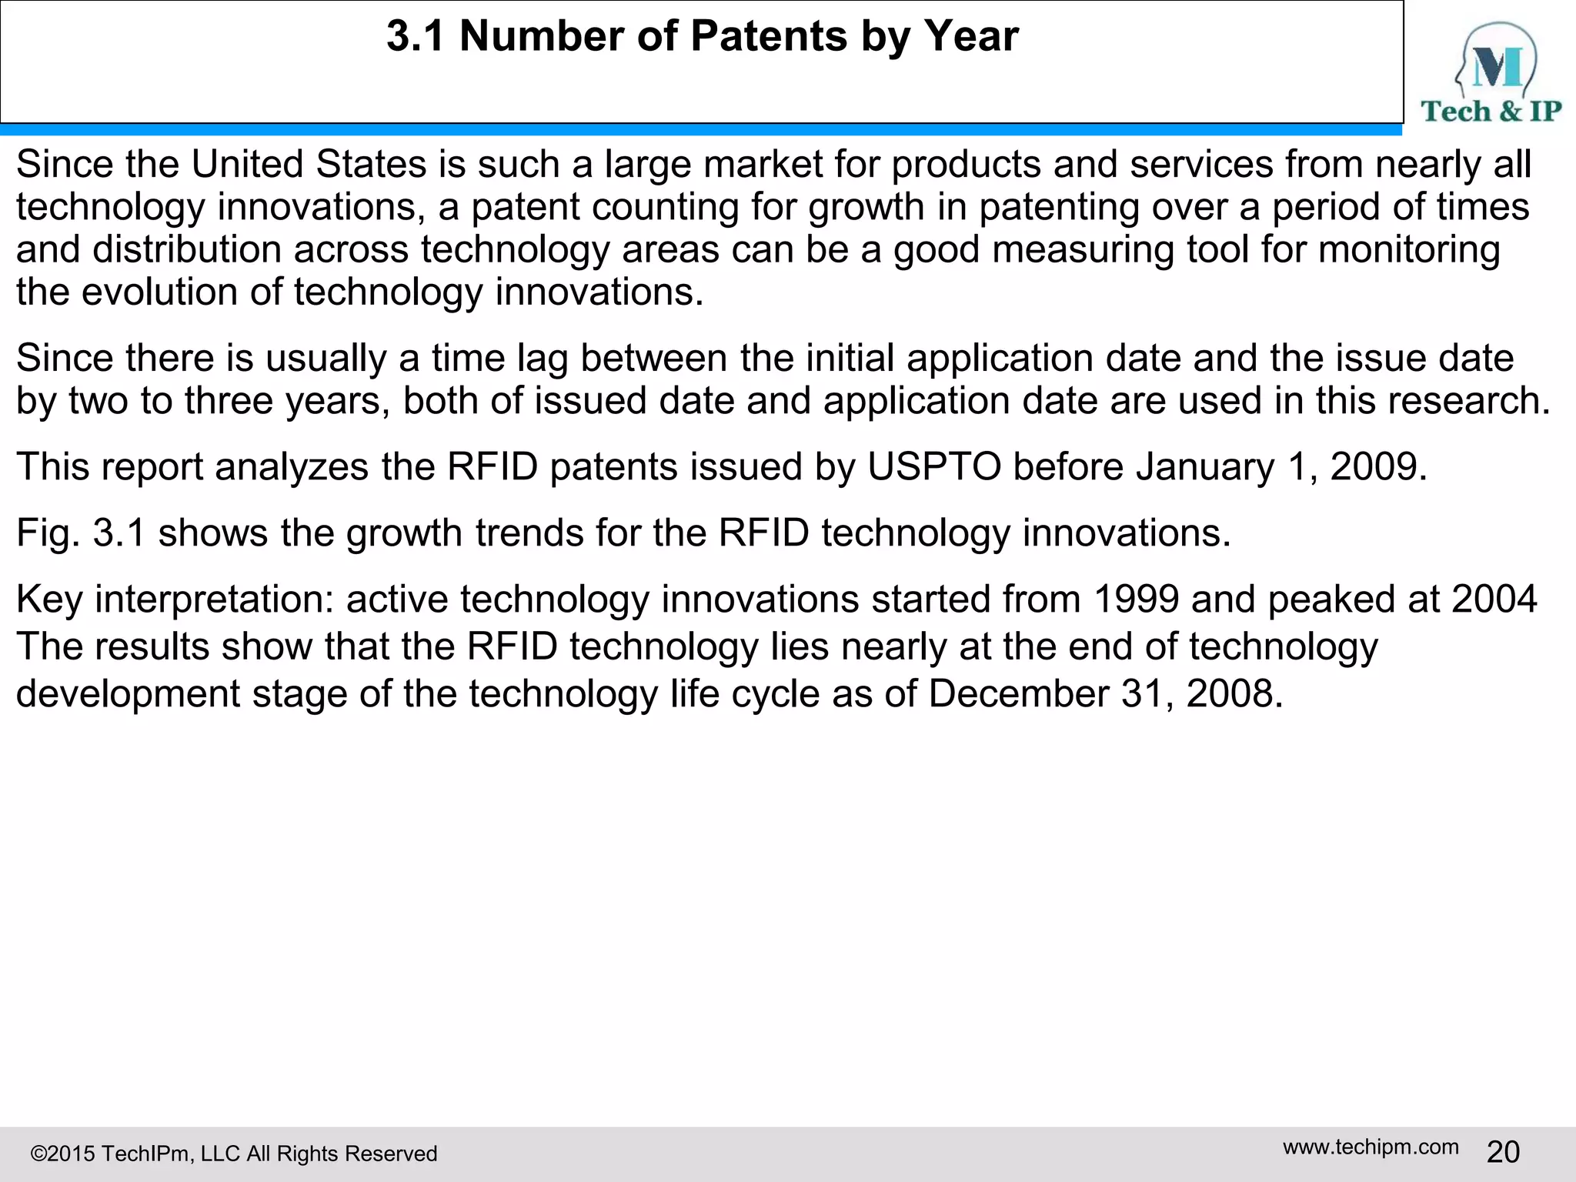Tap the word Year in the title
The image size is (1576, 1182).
pyautogui.click(x=971, y=36)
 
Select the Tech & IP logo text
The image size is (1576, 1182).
pyautogui.click(x=1491, y=112)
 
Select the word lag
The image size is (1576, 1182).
pyautogui.click(x=543, y=359)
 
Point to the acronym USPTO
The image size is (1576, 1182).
pyautogui.click(x=934, y=467)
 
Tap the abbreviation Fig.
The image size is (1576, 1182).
pyautogui.click(x=48, y=533)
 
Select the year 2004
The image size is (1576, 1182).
pyautogui.click(x=1494, y=599)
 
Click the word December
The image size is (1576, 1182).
pyautogui.click(x=1018, y=694)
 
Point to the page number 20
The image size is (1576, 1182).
pyautogui.click(x=1503, y=1152)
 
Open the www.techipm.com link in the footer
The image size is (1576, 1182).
pyautogui.click(x=1371, y=1147)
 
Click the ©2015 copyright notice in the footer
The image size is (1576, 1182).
pyautogui.click(x=234, y=1154)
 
